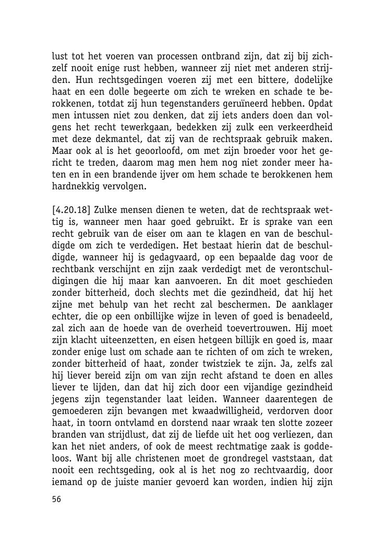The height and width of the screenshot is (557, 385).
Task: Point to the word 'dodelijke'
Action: tap(312, 80)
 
